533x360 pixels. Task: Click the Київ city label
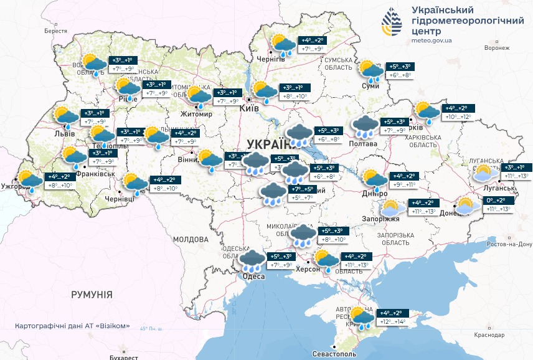(249, 108)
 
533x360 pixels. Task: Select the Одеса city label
(253, 277)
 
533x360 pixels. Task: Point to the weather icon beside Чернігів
(283, 45)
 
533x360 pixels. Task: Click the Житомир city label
(196, 114)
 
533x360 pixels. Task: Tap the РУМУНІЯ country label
(92, 294)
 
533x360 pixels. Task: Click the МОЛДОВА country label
(191, 239)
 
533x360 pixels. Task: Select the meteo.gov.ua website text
(432, 40)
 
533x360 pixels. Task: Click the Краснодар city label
(489, 335)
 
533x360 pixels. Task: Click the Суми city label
(370, 86)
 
